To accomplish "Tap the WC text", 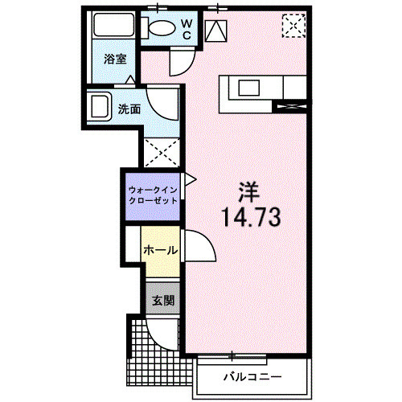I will (185, 29).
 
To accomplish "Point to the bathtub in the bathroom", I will (113, 28).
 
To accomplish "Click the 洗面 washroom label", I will (129, 109).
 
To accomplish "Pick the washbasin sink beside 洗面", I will (101, 106).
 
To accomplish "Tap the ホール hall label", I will (159, 250).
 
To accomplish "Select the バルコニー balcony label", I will (252, 376).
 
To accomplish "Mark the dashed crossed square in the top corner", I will (293, 27).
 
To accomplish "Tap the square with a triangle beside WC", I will (217, 31).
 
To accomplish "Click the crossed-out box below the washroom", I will (160, 152).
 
